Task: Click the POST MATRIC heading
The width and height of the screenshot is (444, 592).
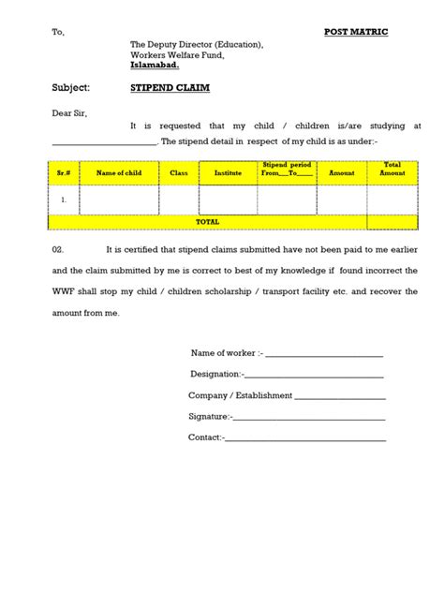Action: coord(356,32)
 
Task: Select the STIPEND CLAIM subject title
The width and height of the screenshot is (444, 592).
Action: coord(165,87)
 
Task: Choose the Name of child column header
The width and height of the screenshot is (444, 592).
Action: coord(119,173)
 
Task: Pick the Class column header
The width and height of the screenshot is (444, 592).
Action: coord(179,173)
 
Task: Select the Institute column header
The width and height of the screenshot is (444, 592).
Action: coord(228,173)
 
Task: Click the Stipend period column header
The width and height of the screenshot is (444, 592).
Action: coord(288,170)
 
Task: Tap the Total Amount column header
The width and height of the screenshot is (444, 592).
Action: coord(392,170)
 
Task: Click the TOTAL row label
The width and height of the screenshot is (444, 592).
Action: coord(207,222)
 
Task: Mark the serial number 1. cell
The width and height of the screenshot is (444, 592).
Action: coord(64,200)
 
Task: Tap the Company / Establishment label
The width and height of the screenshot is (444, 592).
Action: coord(240,395)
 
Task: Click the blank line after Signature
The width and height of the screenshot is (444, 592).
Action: coord(309,416)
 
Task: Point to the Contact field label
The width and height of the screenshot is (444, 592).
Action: coord(205,437)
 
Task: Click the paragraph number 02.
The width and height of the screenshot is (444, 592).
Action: coord(58,250)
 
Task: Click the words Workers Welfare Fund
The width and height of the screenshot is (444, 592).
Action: coord(179,55)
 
